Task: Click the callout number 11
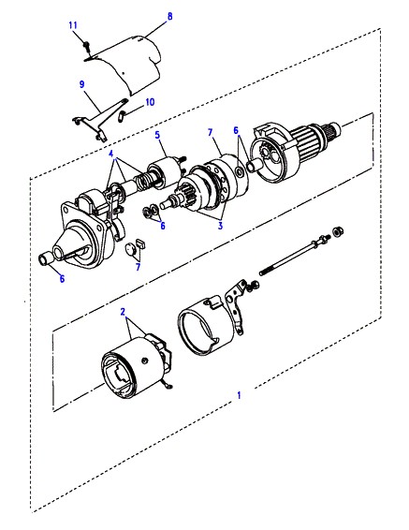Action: tap(73, 25)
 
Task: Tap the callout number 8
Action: tap(170, 16)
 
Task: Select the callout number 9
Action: tap(82, 84)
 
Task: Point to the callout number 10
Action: tap(150, 102)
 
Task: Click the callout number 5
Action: tap(157, 135)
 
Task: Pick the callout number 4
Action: tap(111, 154)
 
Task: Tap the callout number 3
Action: tap(220, 226)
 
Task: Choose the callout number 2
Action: tap(123, 311)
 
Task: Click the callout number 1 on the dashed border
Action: tap(239, 395)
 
